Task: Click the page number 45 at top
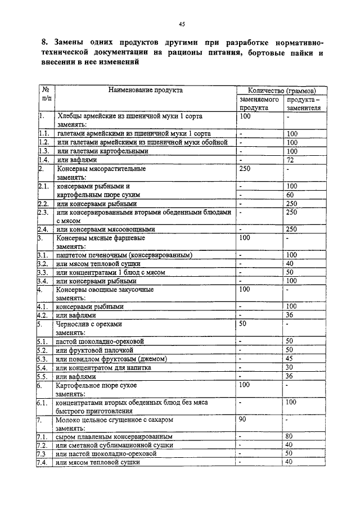point(182,24)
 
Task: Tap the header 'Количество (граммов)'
point(277,90)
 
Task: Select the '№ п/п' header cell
point(46,93)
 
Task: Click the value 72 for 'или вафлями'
point(291,160)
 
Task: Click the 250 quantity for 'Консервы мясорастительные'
point(245,168)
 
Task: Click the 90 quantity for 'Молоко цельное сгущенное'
point(243,419)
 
